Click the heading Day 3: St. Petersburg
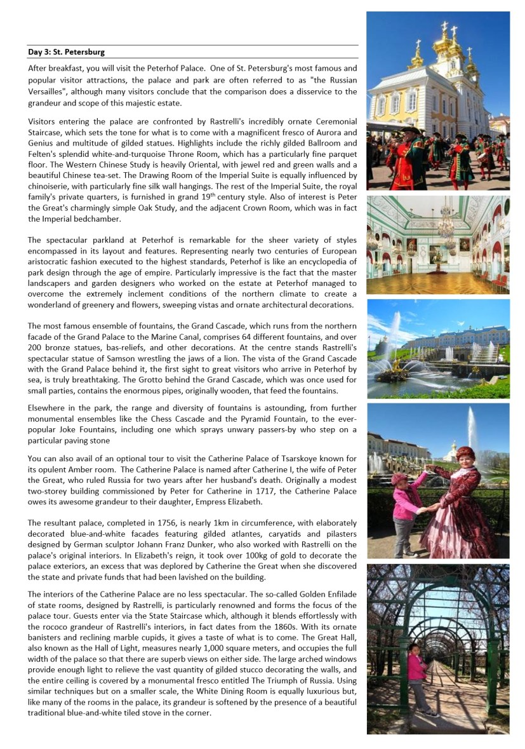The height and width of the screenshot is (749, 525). pyautogui.click(x=67, y=51)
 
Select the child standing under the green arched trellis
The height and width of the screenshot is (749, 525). pyautogui.click(x=416, y=678)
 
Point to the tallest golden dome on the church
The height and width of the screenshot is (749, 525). pyautogui.click(x=442, y=44)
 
